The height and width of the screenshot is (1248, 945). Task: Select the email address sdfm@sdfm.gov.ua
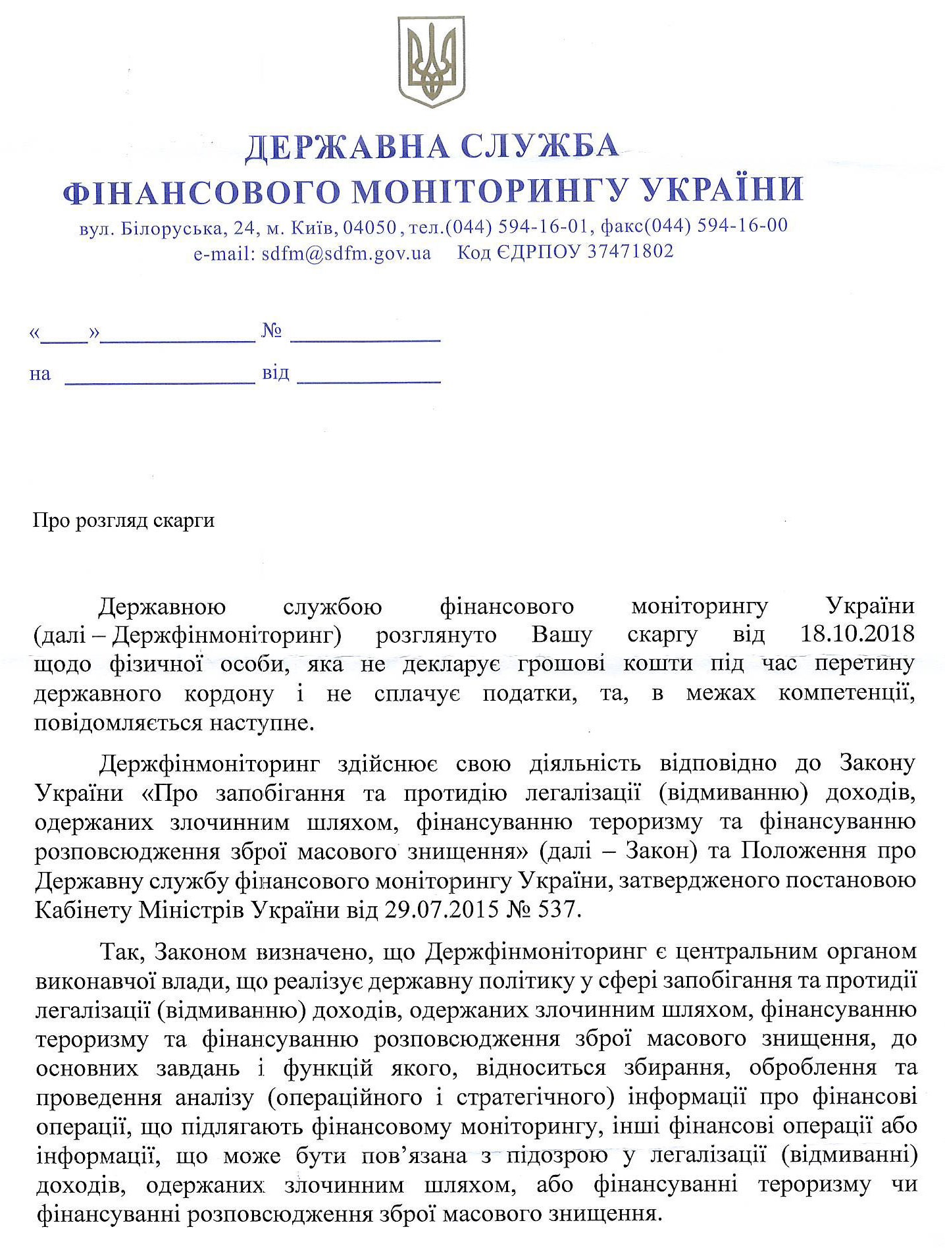pos(346,253)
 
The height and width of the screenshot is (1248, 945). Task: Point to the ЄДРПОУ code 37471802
pos(630,251)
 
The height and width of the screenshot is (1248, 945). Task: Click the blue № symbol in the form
pos(272,331)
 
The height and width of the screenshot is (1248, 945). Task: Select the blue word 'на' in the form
pos(40,375)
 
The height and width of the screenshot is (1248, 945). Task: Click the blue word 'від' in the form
pos(276,373)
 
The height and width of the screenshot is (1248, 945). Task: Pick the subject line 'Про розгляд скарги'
pos(124,520)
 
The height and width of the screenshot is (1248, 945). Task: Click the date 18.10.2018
pos(857,634)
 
